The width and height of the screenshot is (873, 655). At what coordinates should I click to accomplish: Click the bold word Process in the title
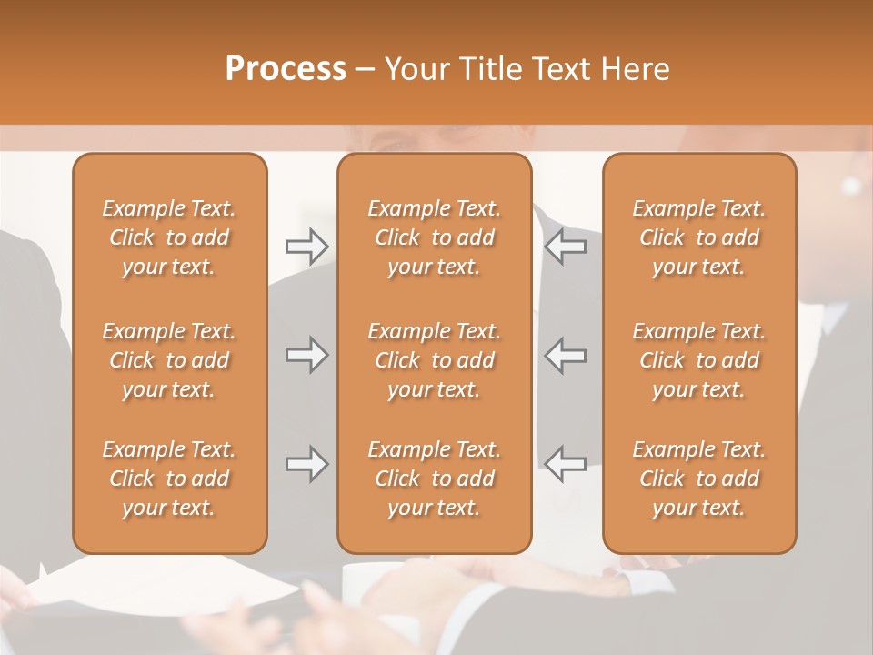pyautogui.click(x=286, y=69)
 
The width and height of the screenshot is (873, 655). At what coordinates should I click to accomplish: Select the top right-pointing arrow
pyautogui.click(x=307, y=246)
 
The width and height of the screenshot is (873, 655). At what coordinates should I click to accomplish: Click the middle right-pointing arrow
pyautogui.click(x=307, y=355)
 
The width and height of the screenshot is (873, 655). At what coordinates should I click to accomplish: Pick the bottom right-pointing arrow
pyautogui.click(x=307, y=464)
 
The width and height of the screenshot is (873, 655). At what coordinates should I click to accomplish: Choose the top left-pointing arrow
pyautogui.click(x=565, y=246)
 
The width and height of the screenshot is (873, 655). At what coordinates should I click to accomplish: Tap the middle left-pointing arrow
pyautogui.click(x=565, y=355)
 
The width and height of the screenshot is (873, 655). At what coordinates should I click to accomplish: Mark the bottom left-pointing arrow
pyautogui.click(x=565, y=464)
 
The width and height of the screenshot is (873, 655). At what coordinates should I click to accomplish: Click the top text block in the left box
pyautogui.click(x=169, y=237)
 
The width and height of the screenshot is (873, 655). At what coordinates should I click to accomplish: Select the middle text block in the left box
pyautogui.click(x=169, y=360)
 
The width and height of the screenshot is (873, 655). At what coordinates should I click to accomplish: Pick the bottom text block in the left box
pyautogui.click(x=169, y=479)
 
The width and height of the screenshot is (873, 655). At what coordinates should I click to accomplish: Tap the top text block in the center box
pyautogui.click(x=435, y=237)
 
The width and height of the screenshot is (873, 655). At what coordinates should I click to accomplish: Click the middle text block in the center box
pyautogui.click(x=435, y=360)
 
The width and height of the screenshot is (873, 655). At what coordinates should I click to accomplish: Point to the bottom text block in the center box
pyautogui.click(x=435, y=479)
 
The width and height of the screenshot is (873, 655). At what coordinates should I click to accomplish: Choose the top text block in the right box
pyautogui.click(x=699, y=237)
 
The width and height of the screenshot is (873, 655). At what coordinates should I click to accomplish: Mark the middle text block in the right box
pyautogui.click(x=699, y=360)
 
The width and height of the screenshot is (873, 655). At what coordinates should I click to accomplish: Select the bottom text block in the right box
pyautogui.click(x=699, y=479)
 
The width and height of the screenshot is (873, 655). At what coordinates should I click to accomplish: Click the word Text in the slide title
pyautogui.click(x=558, y=69)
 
